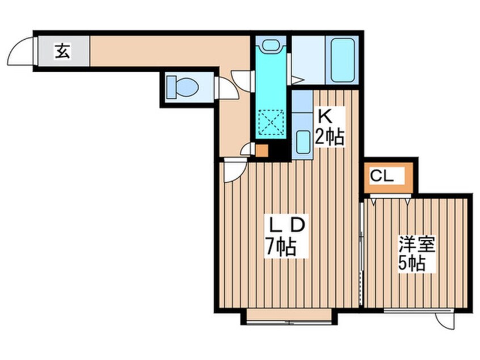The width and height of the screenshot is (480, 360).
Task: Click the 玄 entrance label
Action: tap(62, 51)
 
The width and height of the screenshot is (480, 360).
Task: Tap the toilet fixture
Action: tap(183, 87)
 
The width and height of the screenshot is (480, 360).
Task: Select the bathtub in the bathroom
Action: tap(342, 60)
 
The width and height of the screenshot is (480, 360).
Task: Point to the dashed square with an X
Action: tap(271, 122)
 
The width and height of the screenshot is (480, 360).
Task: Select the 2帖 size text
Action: tap(330, 136)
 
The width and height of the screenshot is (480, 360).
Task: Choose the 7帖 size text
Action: tap(280, 247)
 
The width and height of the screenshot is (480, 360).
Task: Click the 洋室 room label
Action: tap(416, 244)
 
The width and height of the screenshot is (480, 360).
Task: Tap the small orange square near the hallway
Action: tap(262, 150)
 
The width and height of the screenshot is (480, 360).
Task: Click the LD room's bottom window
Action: tap(289, 322)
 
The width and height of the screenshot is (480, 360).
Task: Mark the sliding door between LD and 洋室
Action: tap(361, 254)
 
